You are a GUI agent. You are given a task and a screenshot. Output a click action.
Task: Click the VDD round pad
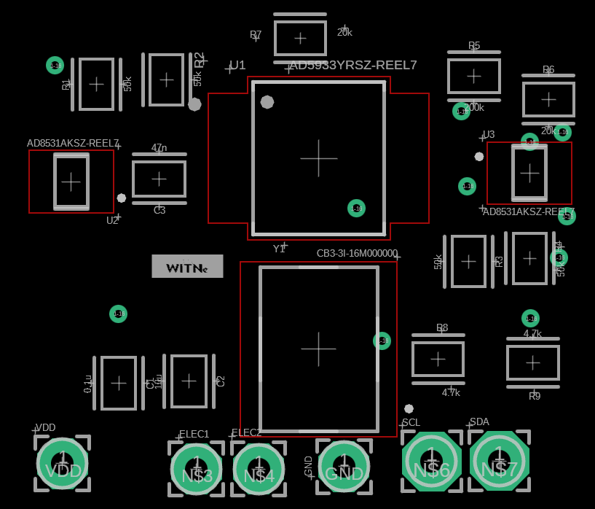[63, 463]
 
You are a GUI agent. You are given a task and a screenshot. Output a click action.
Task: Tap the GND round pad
[344, 466]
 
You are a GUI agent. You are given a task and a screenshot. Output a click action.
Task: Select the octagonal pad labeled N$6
[431, 462]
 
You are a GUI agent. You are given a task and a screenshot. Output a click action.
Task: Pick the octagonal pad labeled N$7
[499, 461]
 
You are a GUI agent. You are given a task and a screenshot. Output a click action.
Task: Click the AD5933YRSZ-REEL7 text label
[353, 65]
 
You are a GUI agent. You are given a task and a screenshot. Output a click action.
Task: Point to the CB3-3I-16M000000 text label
[357, 253]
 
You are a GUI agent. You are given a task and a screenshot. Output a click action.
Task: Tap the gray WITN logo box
[187, 266]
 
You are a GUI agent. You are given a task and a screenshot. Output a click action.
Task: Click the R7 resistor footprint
[300, 38]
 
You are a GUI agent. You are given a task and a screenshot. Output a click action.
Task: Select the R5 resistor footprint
[474, 76]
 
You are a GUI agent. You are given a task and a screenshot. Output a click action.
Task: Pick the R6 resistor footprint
[548, 99]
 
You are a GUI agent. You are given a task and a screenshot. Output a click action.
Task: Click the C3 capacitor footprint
[159, 179]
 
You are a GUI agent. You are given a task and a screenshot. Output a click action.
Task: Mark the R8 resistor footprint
[438, 359]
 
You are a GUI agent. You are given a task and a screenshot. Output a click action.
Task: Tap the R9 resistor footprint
[533, 362]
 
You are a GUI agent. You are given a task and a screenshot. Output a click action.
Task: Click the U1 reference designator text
[237, 65]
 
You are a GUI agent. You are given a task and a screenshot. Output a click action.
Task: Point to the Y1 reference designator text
[279, 249]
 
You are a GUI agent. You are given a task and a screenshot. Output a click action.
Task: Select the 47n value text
[159, 147]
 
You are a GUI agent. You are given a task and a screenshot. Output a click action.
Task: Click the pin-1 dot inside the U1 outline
[267, 102]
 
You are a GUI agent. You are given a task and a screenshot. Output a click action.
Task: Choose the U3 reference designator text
[489, 134]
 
